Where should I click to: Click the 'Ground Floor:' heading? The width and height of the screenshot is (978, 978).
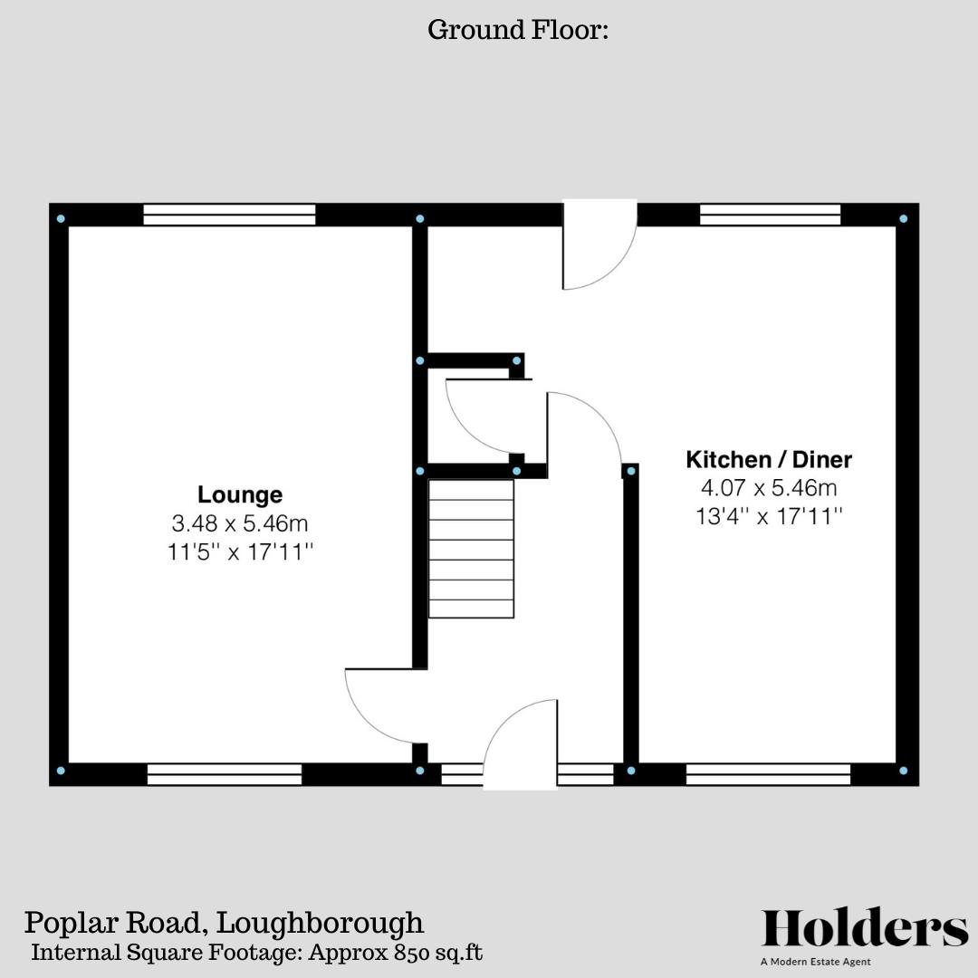tap(517, 30)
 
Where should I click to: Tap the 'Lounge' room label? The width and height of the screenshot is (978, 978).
tap(240, 495)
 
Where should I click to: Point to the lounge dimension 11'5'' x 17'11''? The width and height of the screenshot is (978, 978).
tap(240, 552)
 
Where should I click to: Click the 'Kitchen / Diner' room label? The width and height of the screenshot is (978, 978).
tap(769, 459)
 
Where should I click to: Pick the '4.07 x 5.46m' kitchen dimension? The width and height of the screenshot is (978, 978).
tap(769, 488)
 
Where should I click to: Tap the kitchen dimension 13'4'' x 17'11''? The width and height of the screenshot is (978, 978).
tap(769, 517)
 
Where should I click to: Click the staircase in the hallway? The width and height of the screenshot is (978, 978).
tap(471, 549)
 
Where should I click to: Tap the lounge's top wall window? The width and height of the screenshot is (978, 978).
tap(229, 215)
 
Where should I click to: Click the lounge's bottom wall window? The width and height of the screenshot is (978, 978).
tap(225, 774)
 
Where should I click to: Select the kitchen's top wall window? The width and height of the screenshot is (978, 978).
tap(770, 215)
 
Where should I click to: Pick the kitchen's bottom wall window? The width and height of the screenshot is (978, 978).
tap(768, 774)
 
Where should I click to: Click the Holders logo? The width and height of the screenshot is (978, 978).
tap(864, 929)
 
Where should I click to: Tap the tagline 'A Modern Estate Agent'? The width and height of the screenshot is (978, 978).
tap(815, 962)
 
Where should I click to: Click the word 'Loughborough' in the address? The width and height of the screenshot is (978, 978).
tap(321, 924)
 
